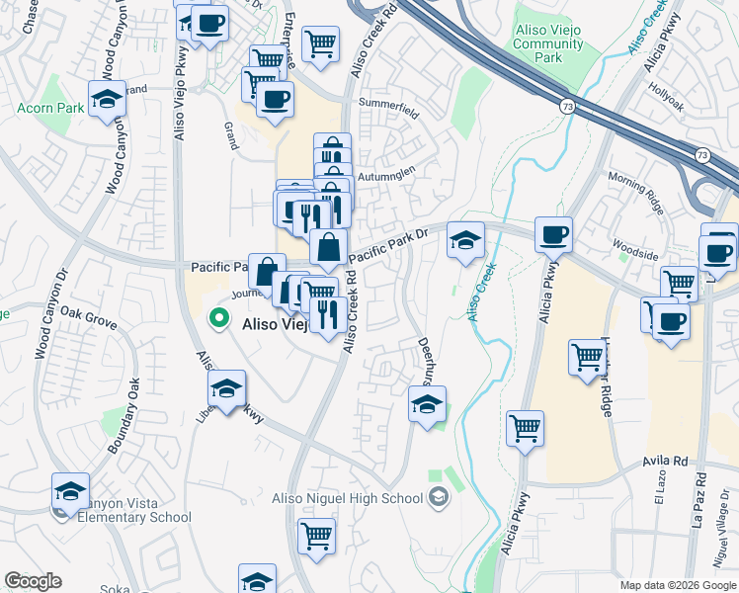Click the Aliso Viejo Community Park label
[x=549, y=44]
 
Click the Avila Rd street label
[x=667, y=461]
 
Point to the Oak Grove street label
[x=88, y=316]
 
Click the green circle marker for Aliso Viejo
[x=219, y=319]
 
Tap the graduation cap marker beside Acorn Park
[x=107, y=100]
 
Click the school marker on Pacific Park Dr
[x=465, y=240]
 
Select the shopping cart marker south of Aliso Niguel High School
[x=316, y=537]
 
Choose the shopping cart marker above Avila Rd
[x=525, y=429]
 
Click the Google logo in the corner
[x=33, y=581]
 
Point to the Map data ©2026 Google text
[x=677, y=585]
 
